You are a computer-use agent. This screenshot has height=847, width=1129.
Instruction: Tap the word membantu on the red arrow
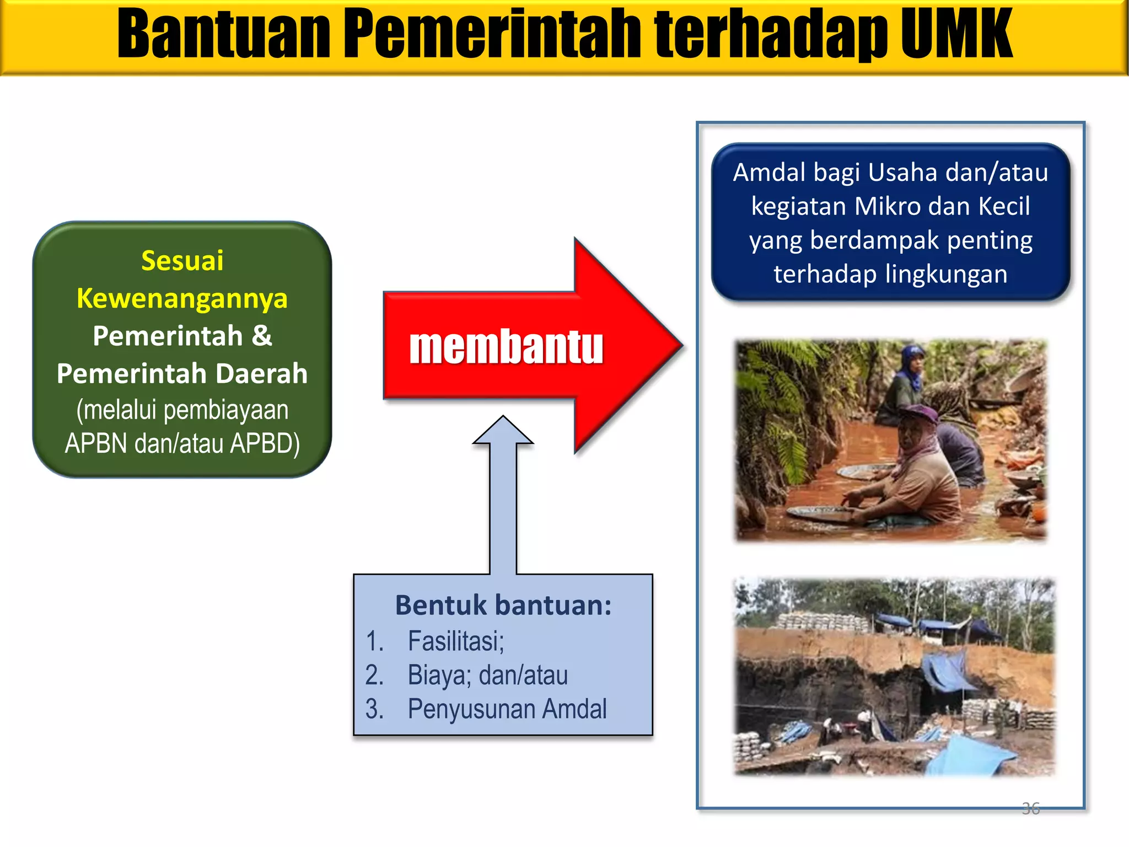tap(506, 347)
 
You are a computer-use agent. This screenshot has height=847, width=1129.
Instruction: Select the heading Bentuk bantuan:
tap(503, 605)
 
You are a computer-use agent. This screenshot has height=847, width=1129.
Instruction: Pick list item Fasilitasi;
tap(456, 641)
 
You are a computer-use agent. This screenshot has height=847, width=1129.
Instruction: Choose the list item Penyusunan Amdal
tap(507, 709)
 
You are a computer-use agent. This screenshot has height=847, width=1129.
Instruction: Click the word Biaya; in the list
tap(439, 676)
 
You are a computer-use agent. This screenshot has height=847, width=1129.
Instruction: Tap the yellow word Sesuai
tap(182, 260)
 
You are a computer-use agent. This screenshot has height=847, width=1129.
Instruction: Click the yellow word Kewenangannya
tap(182, 298)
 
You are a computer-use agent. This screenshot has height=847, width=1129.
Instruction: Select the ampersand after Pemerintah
tap(262, 336)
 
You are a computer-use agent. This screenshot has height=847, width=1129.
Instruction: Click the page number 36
tap(1030, 808)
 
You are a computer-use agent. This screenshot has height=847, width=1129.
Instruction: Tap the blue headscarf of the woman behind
tap(909, 367)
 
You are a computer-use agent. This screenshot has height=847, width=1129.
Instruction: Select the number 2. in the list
tap(374, 676)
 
